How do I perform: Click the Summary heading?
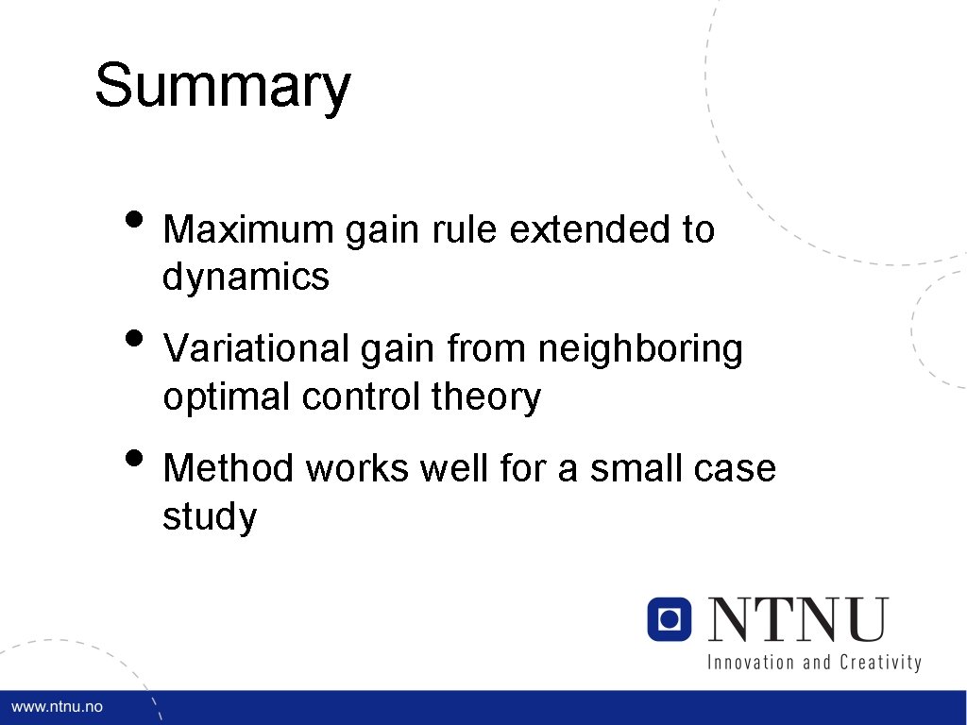pos(223,87)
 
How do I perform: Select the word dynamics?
pos(246,278)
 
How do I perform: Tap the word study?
pos(209,517)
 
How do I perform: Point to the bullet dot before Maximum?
pos(136,219)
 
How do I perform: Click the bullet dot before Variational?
pos(136,339)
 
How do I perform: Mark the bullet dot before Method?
pos(136,458)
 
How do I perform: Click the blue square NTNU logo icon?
pos(670,619)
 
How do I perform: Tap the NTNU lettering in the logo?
pos(799,619)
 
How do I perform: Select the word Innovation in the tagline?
pos(751,662)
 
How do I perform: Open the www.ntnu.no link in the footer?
pos(57,707)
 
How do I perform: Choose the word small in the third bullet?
pos(630,468)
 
